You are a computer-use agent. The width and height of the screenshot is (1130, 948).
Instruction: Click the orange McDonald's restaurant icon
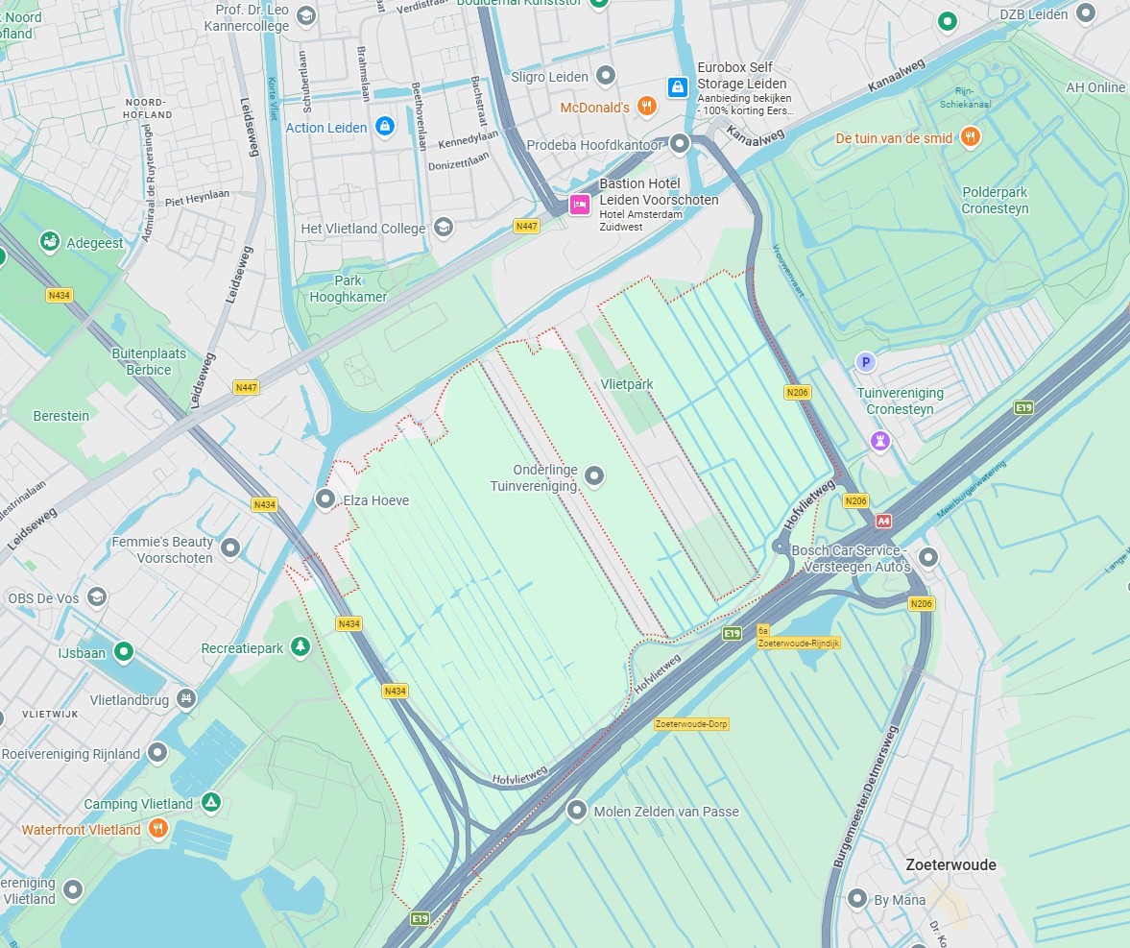(x=646, y=108)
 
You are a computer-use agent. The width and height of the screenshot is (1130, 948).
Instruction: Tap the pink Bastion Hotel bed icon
(x=579, y=205)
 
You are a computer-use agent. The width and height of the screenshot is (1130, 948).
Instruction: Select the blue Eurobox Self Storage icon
(x=678, y=87)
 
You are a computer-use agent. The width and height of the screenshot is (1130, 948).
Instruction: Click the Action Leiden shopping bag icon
(x=385, y=127)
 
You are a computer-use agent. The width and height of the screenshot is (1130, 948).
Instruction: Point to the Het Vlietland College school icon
(x=443, y=228)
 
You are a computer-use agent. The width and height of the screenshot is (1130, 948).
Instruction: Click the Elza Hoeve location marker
(x=326, y=499)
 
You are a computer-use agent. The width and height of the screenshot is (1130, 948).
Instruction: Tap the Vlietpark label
(x=626, y=384)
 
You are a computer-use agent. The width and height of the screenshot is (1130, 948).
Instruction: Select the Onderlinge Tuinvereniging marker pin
(x=594, y=475)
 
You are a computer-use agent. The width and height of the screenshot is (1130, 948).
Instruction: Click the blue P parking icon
(x=865, y=361)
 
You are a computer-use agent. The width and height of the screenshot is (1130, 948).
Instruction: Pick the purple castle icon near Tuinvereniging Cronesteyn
(x=879, y=441)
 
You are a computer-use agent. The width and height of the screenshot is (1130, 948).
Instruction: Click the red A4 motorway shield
(x=883, y=521)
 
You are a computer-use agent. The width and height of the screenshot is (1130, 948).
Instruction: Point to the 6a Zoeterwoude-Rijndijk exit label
(x=799, y=637)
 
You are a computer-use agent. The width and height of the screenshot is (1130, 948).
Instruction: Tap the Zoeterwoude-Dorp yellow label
(x=691, y=723)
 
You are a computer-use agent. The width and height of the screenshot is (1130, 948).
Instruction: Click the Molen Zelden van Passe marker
(x=577, y=811)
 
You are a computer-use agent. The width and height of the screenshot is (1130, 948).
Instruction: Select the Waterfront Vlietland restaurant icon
(x=158, y=829)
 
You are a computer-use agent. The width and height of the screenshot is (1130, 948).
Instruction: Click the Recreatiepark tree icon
(x=301, y=647)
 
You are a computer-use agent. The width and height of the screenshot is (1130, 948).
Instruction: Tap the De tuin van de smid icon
(x=971, y=137)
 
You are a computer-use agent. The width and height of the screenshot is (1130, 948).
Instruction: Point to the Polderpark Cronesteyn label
(x=995, y=200)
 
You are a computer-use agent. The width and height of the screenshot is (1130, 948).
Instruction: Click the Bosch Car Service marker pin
(x=927, y=557)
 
